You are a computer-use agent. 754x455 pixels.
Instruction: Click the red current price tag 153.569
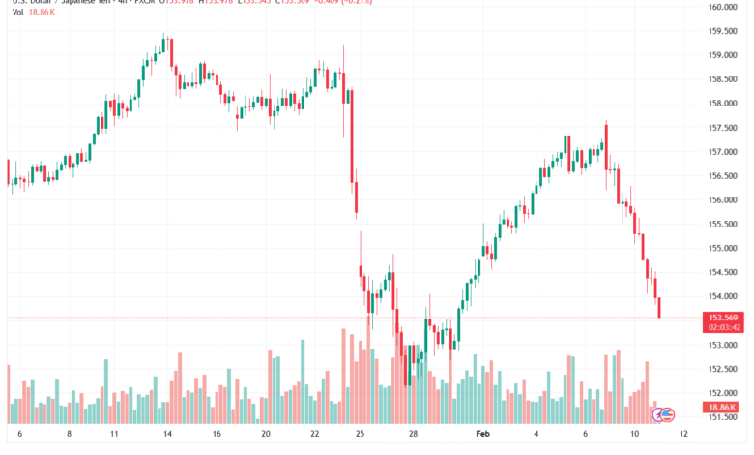[x=724, y=318]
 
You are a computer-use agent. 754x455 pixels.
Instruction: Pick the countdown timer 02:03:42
[x=724, y=328]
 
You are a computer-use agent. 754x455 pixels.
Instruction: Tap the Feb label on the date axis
[x=484, y=435]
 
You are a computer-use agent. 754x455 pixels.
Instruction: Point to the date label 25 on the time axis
[x=360, y=435]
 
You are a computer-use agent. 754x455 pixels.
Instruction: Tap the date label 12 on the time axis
[x=684, y=435]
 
